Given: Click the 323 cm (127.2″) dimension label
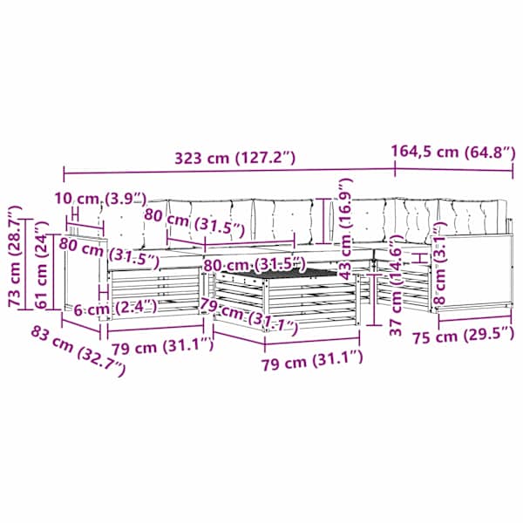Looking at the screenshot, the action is coord(235,158).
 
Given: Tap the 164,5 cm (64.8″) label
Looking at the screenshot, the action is coord(453,152).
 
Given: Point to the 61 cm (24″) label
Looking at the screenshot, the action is coord(41,264).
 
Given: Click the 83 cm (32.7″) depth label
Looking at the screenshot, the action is coord(78,351).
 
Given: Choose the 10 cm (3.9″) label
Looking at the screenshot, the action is coord(100,199).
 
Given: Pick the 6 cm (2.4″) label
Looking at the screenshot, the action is coord(115,308).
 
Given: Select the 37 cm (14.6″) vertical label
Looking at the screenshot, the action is coord(397,285).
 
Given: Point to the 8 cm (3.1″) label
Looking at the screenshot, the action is coord(439,263).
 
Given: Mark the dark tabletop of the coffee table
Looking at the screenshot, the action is coord(279,274).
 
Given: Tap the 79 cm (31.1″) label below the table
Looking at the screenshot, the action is coord(312,359).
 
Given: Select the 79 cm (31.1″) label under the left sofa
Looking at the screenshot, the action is coord(162,347).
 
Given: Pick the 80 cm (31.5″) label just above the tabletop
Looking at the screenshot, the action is coord(255,264).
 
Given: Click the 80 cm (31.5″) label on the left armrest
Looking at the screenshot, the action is coord(109,253).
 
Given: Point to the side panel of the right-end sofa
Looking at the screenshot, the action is coord(471,271).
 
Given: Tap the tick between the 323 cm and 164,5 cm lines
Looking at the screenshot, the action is coord(395,168).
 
